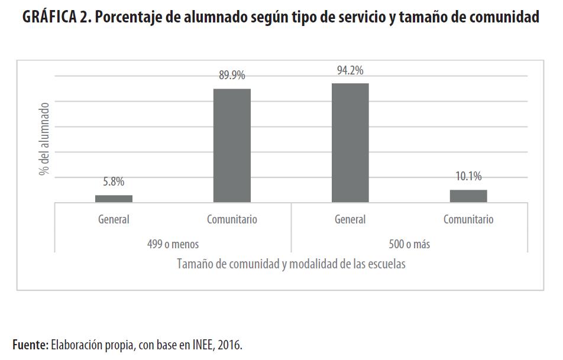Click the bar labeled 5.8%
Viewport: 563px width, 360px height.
point(114,199)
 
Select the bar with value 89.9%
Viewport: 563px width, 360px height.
point(232,145)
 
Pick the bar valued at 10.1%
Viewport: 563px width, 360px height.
point(468,196)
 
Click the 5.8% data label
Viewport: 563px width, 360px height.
point(114,181)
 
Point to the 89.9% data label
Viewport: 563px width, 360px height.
point(232,75)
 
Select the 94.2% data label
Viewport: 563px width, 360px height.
point(350,70)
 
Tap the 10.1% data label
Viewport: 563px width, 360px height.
point(468,176)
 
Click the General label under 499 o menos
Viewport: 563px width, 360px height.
point(114,219)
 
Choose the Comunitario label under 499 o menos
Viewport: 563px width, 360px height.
point(232,219)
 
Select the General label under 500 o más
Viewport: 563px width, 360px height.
point(350,219)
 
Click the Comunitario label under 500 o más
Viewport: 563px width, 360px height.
point(468,219)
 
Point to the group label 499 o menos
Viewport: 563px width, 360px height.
point(173,244)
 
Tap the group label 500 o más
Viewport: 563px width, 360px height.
point(409,244)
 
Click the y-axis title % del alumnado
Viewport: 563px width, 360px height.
point(44,139)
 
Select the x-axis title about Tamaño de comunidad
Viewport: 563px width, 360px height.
point(291,264)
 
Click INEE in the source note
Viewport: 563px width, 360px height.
point(198,345)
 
